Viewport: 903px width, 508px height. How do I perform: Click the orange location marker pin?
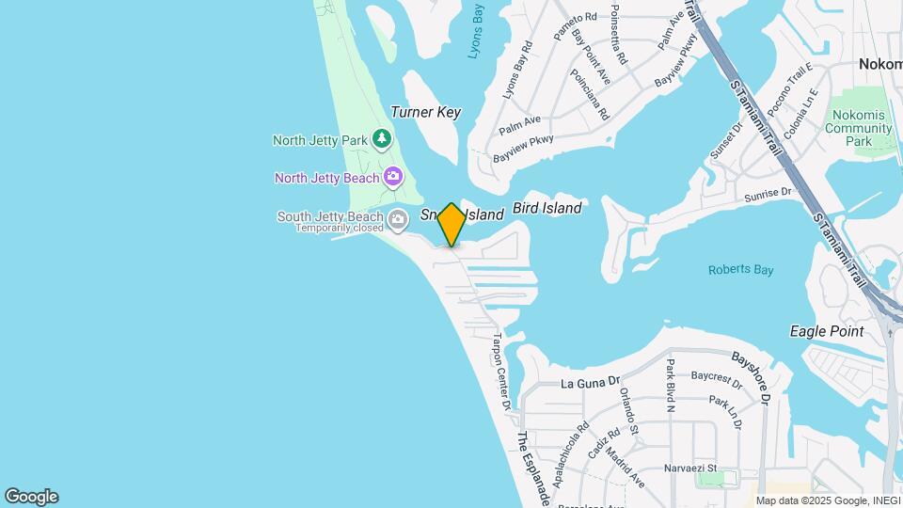451,224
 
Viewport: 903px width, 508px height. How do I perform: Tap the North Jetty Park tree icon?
381,140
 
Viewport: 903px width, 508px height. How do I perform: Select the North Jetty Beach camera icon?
393,177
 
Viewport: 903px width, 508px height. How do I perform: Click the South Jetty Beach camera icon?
398,220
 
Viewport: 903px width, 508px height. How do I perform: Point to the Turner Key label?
426,112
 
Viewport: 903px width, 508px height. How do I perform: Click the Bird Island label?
547,208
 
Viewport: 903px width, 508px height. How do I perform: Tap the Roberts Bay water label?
740,270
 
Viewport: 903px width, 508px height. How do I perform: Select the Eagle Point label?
827,331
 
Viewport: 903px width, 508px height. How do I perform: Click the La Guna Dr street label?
592,383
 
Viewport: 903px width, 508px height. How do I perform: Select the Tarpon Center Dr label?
501,371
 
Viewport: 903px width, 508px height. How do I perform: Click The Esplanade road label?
532,468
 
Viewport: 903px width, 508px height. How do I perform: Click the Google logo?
31,497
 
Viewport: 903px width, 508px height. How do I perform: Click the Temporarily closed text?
340,228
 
